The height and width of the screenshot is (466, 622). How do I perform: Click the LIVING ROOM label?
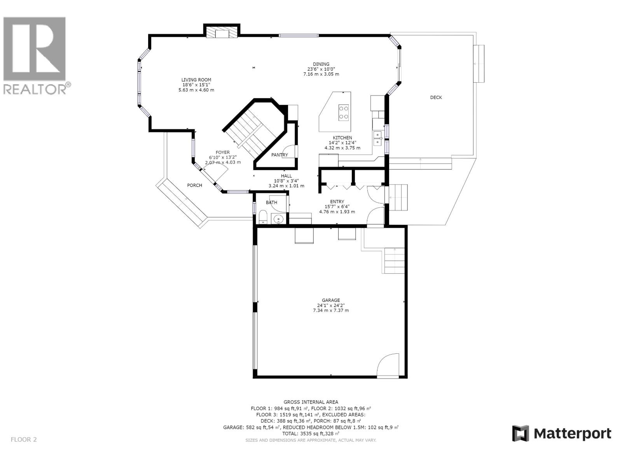(x=196, y=80)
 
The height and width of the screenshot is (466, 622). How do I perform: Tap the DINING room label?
(x=321, y=64)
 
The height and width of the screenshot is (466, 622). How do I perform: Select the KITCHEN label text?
(x=342, y=138)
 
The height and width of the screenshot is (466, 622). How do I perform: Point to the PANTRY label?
(x=280, y=155)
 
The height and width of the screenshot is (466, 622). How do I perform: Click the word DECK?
(x=436, y=97)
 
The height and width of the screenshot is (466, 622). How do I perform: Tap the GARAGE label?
(x=331, y=300)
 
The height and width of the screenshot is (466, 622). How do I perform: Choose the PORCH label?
(x=194, y=185)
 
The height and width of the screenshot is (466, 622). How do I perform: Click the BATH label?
(x=271, y=202)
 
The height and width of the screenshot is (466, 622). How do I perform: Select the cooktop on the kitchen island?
(x=343, y=112)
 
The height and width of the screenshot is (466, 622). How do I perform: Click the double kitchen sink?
(x=377, y=138)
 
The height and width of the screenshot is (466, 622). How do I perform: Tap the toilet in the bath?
(x=263, y=217)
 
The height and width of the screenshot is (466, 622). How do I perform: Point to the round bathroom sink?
(x=278, y=220)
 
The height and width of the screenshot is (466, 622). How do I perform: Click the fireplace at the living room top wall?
(x=222, y=33)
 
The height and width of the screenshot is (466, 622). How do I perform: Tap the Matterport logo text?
(x=572, y=433)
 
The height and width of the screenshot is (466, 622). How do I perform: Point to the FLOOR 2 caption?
(x=23, y=440)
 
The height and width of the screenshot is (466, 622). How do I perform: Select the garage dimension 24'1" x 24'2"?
(x=331, y=305)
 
